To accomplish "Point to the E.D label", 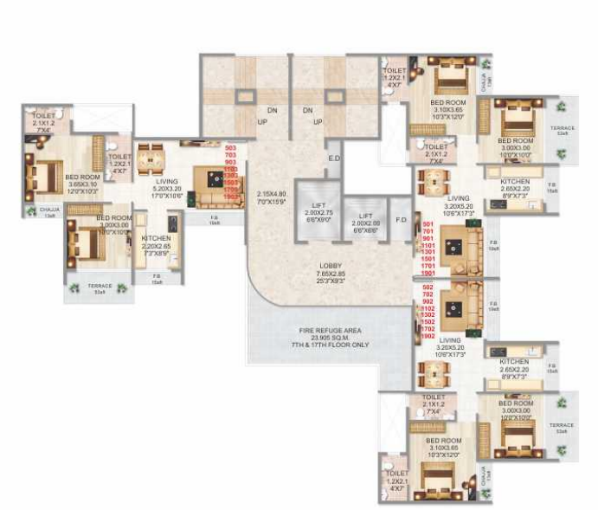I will point(334,158).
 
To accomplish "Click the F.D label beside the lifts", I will point(399,219).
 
